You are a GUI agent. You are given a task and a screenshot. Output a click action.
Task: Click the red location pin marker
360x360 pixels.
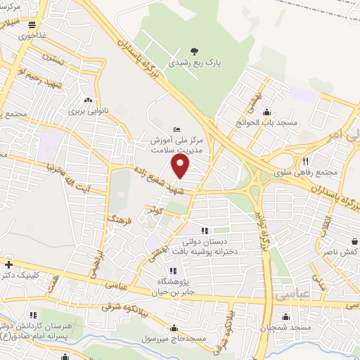click(181, 166)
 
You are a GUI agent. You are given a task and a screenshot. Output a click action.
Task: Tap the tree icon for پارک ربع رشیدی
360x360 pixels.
click(194, 51)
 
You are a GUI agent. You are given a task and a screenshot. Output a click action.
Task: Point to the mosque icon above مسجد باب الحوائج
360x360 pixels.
click(266, 111)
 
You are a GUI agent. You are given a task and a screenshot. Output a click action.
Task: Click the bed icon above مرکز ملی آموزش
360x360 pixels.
click(176, 129)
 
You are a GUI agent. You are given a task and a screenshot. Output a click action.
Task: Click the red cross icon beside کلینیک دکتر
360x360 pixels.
click(8, 264)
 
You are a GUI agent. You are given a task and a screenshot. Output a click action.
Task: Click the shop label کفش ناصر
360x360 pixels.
click(344, 251)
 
